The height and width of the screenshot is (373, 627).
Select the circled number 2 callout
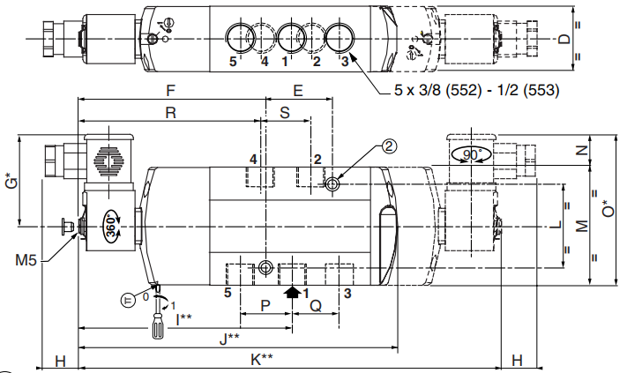[x=389, y=149]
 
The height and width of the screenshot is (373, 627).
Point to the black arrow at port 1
[x=291, y=291]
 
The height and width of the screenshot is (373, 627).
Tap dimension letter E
[x=297, y=91]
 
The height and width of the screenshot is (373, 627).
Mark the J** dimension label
[x=231, y=338]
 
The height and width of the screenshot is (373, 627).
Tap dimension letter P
[x=265, y=304]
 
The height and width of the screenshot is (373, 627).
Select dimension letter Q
[x=315, y=304]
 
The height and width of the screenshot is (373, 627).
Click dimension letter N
[x=581, y=150]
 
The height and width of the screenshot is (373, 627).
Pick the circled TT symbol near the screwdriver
[x=127, y=299]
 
